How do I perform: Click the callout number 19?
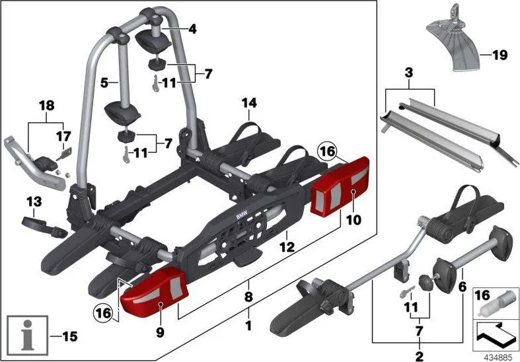click(x=500, y=55)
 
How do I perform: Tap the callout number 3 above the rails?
click(x=409, y=73)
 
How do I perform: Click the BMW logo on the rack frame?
click(x=242, y=216)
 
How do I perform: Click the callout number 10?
click(x=353, y=220)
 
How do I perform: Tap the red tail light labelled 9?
click(x=154, y=293)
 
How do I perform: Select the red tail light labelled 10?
click(x=340, y=187)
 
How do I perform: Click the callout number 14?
click(x=249, y=103)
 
